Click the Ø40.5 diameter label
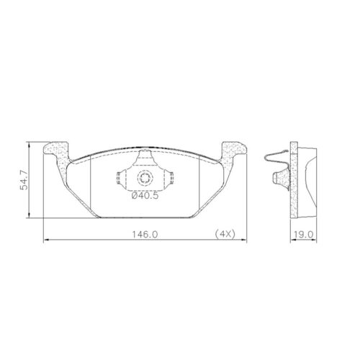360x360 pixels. tap(145, 194)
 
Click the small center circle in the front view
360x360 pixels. tap(146, 179)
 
